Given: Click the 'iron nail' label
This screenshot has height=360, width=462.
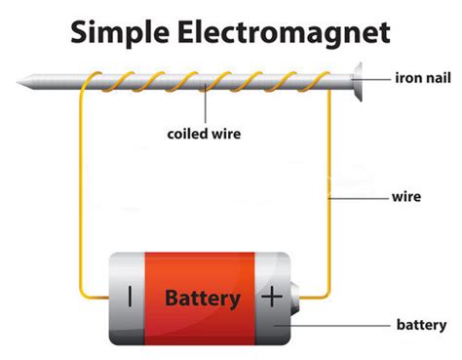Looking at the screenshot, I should pos(421,76).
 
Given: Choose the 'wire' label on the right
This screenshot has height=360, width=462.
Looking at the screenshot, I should pos(409,197).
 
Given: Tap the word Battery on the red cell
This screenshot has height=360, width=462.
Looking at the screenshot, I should pos(202,298).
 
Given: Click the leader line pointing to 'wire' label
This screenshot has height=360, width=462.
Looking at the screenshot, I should pos(366,197).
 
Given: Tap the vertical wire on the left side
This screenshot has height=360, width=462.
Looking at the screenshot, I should pos(83,195).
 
